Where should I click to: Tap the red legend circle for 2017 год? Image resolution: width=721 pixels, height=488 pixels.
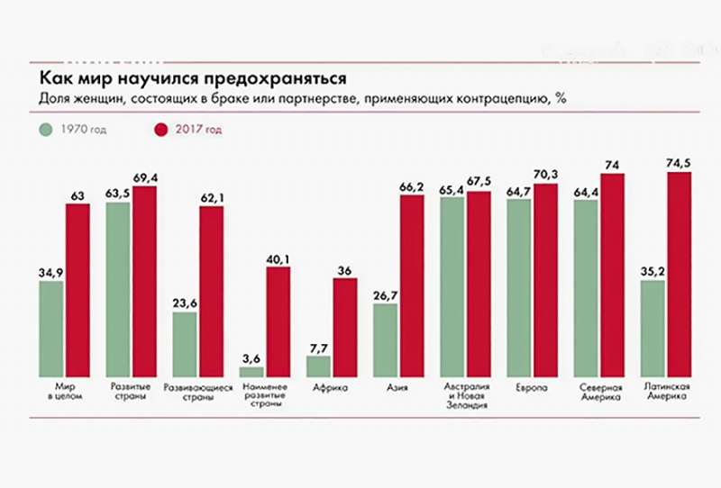tap(162, 130)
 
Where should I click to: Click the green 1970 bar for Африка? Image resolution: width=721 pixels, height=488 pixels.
tap(319, 366)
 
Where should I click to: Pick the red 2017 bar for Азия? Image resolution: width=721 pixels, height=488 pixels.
tap(412, 286)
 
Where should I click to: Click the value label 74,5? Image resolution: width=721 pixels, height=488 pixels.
tap(678, 163)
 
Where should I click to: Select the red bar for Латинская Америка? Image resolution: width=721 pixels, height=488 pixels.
tap(678, 275)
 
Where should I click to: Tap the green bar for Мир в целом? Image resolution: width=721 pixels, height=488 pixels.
tap(51, 329)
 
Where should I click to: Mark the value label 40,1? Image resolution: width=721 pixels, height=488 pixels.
tap(278, 259)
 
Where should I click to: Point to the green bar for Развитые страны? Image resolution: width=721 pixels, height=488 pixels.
tap(118, 289)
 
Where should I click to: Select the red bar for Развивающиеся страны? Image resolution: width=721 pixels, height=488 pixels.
tap(212, 292)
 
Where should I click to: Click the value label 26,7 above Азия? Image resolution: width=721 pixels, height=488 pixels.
tap(385, 294)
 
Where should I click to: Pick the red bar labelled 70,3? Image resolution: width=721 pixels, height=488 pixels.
tap(546, 280)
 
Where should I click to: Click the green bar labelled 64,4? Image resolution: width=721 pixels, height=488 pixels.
tap(586, 288)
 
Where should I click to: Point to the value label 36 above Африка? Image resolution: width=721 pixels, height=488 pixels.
tap(345, 269)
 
